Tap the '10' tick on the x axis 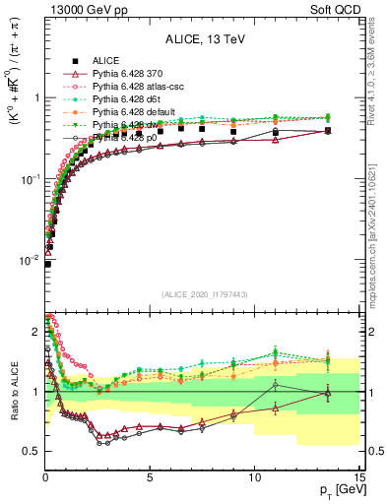[254, 479]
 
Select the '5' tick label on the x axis [150, 479]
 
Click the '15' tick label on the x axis [358, 479]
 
